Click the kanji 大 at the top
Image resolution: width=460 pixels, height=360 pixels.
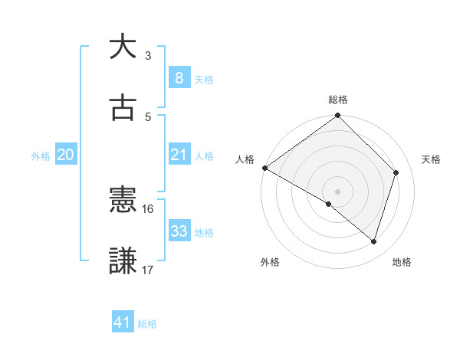tap(123, 47)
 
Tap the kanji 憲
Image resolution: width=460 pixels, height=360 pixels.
tap(123, 200)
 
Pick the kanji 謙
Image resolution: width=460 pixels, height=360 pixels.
tap(123, 260)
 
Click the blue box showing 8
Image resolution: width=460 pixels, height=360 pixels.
tap(179, 78)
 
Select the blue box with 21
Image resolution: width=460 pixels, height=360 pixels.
tap(179, 155)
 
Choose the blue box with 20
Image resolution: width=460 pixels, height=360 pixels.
tap(65, 155)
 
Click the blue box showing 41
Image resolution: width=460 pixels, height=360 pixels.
tap(123, 323)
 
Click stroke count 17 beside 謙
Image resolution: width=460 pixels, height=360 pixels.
tap(147, 270)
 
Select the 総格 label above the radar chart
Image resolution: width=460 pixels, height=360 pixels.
tap(338, 100)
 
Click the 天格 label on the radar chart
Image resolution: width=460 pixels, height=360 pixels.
tap(432, 159)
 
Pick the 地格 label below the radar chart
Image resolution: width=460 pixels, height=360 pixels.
tap(402, 262)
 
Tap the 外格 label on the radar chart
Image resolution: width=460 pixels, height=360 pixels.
tap(270, 262)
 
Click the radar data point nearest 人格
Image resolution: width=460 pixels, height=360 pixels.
tap(264, 168)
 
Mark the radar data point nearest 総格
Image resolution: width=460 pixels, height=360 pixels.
tap(337, 116)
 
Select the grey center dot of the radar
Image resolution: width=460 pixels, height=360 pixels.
tap(337, 191)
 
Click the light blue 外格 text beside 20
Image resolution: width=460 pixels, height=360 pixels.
tap(41, 156)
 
